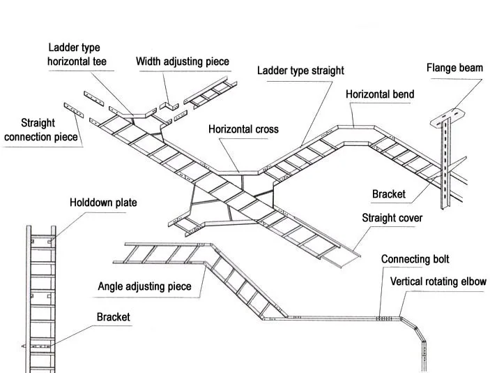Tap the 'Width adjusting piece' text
pyautogui.click(x=182, y=61)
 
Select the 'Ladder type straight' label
pyautogui.click(x=300, y=71)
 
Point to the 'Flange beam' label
pyautogui.click(x=454, y=68)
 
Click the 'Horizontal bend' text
pyautogui.click(x=380, y=94)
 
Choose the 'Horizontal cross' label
pyautogui.click(x=243, y=129)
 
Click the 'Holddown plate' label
pyautogui.click(x=103, y=203)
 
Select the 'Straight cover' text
pyautogui.click(x=392, y=218)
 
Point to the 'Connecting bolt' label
pyautogui.click(x=414, y=259)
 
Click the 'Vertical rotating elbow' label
pyautogui.click(x=438, y=281)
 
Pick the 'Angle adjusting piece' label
pyautogui.click(x=144, y=286)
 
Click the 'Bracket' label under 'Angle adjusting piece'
pyautogui.click(x=113, y=317)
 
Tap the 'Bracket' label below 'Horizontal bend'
pyautogui.click(x=388, y=194)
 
